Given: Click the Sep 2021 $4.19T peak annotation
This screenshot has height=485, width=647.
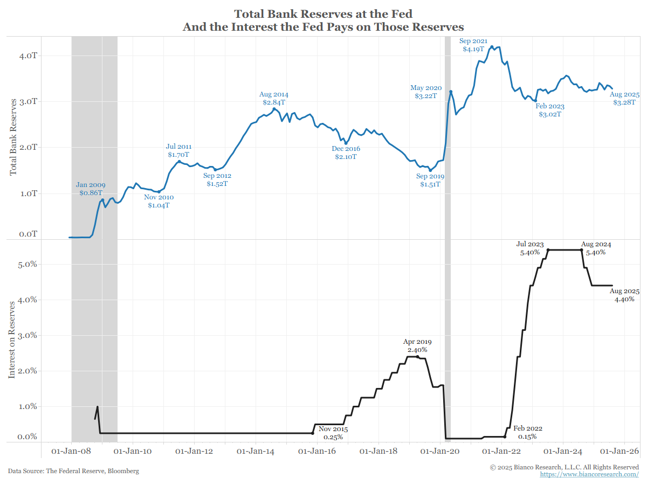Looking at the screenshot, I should [473, 45].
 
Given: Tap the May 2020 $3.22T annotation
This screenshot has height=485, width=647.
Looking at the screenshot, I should [426, 92].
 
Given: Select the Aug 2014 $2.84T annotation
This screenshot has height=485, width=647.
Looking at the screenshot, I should [274, 98].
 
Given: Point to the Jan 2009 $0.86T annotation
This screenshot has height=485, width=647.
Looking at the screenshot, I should [91, 188].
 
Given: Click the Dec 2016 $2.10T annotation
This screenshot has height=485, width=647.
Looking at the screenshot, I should [346, 153].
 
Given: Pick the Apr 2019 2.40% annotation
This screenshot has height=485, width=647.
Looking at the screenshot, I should [417, 345].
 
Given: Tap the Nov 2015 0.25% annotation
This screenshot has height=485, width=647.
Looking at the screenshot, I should [333, 433].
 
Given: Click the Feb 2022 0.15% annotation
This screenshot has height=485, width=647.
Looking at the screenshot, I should [527, 433].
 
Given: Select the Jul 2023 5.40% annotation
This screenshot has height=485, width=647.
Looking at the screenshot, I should [529, 248].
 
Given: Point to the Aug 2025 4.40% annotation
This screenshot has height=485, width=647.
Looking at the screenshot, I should [624, 295].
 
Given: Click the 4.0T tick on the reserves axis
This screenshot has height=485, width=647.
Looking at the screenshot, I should [27, 56].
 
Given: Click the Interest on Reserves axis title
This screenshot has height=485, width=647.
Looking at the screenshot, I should [12, 339].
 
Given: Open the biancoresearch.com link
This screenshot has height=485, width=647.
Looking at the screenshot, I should [589, 474].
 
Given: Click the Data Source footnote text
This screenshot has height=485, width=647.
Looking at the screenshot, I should [73, 471].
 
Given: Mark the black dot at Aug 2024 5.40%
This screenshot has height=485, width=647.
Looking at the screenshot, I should [582, 250].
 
